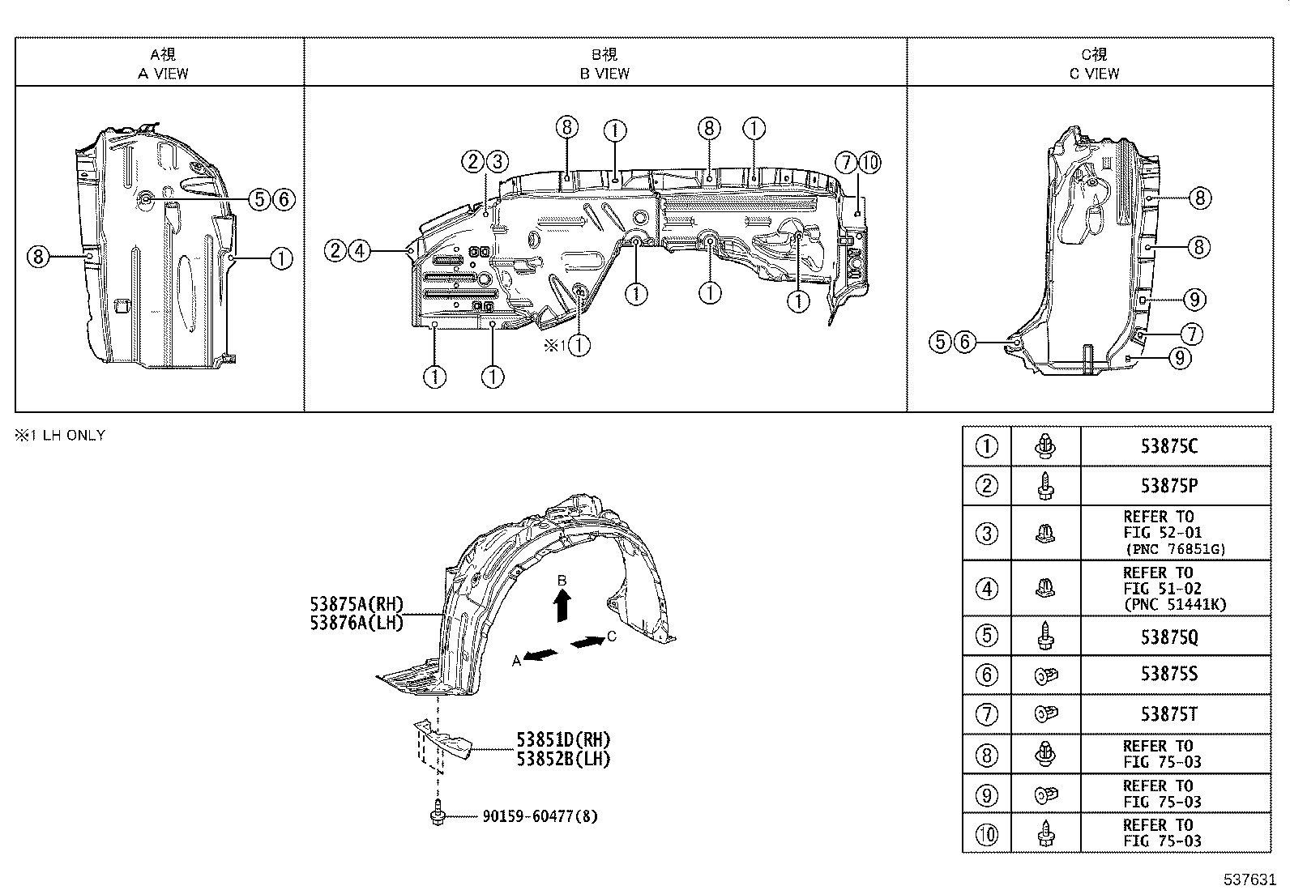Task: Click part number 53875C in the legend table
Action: (x=1168, y=446)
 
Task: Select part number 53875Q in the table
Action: (x=1168, y=637)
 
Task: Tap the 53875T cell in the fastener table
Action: (x=1168, y=714)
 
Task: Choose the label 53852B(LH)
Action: (x=563, y=759)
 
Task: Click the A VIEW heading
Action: (x=163, y=73)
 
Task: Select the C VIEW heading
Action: (x=1094, y=73)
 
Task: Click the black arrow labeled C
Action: (x=587, y=642)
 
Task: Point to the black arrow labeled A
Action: (x=541, y=654)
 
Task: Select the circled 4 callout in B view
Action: (x=359, y=251)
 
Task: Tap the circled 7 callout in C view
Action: (x=1190, y=333)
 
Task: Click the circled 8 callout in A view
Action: (x=37, y=258)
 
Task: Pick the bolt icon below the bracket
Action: (x=438, y=812)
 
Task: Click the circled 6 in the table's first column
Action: (x=986, y=675)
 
